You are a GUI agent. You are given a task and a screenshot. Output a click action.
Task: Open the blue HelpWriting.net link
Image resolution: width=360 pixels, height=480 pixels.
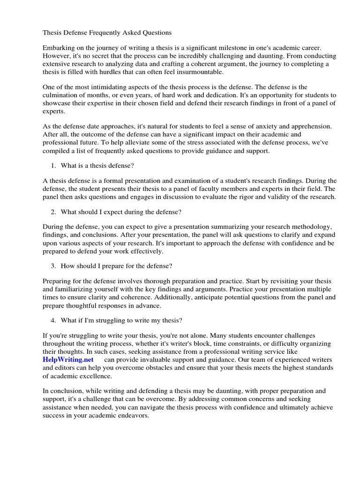coord(68,360)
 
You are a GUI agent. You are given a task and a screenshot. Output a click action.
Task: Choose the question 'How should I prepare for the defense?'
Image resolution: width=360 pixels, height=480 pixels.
coord(116,266)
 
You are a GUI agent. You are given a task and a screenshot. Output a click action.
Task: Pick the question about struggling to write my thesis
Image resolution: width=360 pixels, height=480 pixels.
coord(121,320)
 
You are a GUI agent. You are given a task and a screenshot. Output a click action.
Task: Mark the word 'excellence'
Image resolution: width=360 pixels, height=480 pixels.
coord(96,375)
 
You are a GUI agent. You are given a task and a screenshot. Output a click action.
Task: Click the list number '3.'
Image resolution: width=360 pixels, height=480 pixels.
coord(53,266)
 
